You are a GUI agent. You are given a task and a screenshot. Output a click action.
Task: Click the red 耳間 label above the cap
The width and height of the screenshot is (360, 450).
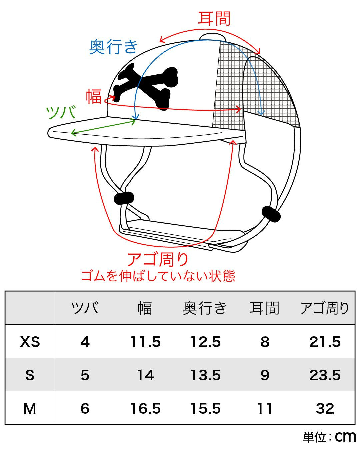[214, 19]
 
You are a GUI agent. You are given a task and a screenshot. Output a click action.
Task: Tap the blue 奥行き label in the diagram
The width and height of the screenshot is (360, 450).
[113, 47]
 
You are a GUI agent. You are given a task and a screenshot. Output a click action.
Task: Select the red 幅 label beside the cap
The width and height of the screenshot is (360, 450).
[94, 97]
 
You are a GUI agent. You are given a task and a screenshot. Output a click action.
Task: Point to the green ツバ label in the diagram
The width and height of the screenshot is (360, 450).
[61, 113]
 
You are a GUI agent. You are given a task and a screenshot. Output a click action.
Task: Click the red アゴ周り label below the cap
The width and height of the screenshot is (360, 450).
[158, 259]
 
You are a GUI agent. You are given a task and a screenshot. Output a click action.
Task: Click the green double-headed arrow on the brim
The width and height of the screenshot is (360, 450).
[103, 127]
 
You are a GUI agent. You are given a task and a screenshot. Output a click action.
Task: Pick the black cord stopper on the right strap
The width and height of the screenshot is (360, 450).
[271, 214]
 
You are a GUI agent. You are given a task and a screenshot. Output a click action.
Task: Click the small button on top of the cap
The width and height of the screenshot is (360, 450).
[213, 36]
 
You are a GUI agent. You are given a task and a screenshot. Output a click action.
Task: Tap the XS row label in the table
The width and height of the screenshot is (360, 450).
[30, 342]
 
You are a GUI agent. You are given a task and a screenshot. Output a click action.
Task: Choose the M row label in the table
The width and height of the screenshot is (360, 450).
[30, 409]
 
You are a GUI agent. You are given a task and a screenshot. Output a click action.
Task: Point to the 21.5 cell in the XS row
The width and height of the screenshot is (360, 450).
[325, 342]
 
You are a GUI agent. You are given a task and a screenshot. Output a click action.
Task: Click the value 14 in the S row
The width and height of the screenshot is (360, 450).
[146, 375]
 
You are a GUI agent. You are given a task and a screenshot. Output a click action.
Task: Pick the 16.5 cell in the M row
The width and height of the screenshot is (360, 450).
[146, 409]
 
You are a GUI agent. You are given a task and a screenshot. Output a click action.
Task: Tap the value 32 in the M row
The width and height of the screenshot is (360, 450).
[325, 409]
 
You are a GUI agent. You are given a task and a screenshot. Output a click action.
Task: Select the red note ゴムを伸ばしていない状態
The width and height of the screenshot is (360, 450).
[158, 276]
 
